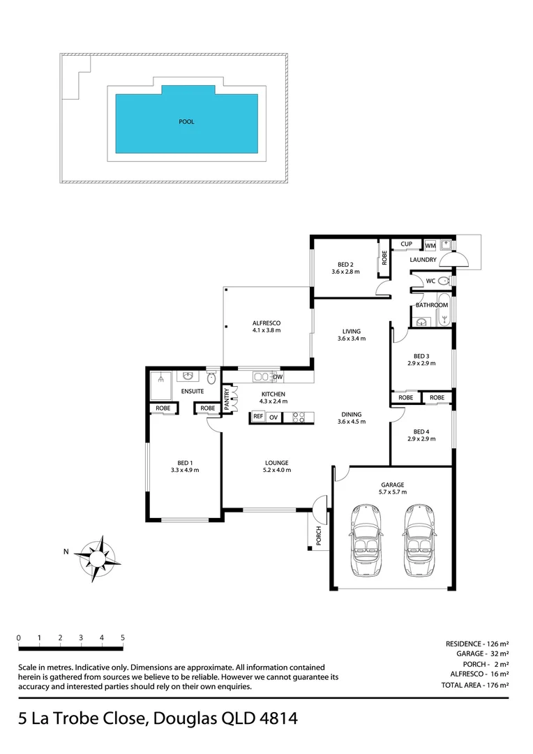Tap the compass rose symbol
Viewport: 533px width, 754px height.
click(97, 559)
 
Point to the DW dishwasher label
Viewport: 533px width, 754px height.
click(278, 378)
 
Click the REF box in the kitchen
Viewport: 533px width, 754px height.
click(257, 417)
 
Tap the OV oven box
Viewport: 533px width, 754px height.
click(274, 417)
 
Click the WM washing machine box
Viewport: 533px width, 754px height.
click(430, 245)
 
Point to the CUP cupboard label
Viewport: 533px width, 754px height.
click(406, 244)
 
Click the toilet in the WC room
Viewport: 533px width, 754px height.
click(444, 281)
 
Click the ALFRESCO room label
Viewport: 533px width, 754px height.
click(266, 323)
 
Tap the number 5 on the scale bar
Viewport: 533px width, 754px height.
click(123, 637)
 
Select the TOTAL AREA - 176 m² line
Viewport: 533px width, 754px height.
click(474, 686)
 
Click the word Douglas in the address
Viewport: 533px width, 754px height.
click(180, 718)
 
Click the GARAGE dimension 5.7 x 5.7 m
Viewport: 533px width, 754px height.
click(392, 492)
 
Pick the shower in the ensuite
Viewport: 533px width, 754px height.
click(160, 380)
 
